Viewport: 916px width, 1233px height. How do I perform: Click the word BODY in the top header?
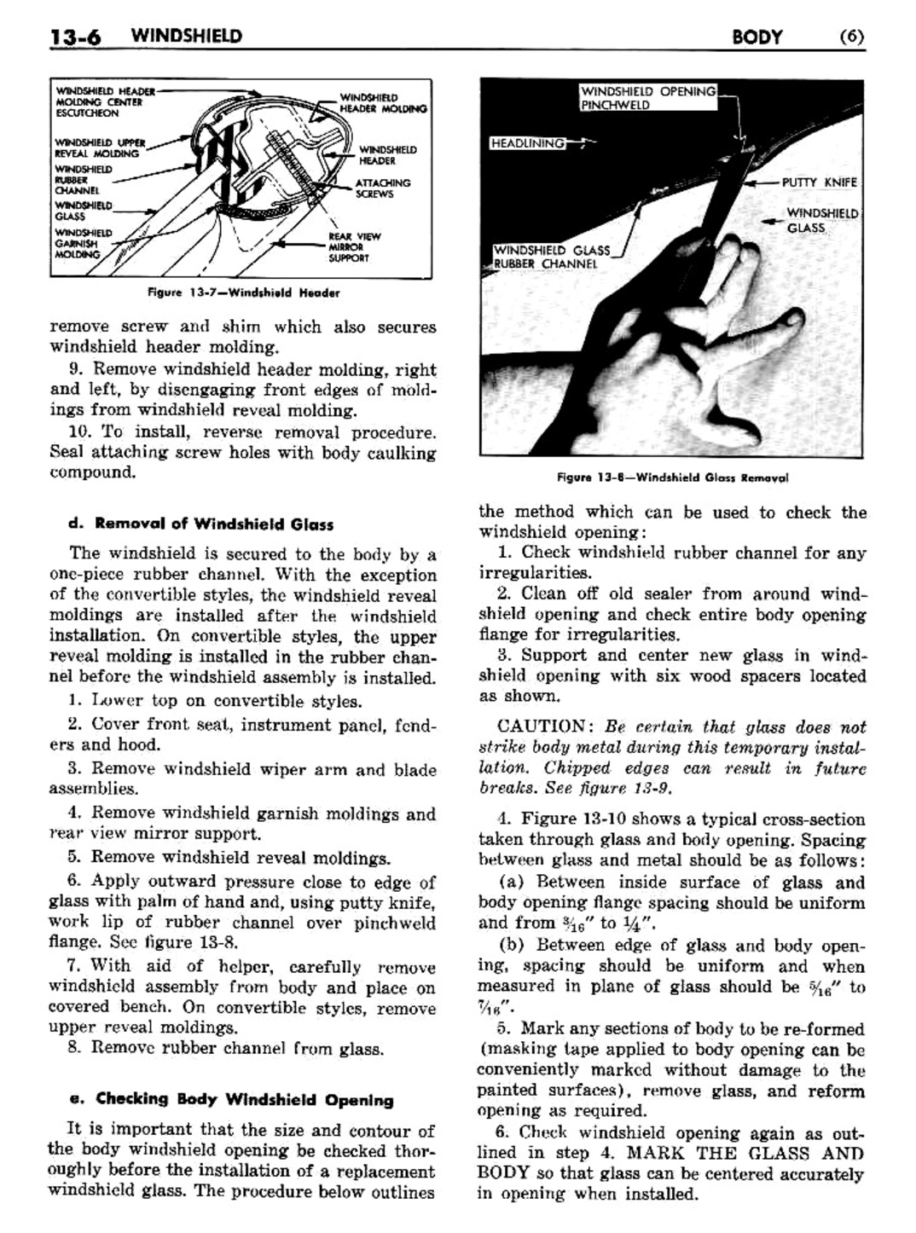tap(757, 37)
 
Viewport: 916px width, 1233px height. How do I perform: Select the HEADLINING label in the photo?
tap(528, 143)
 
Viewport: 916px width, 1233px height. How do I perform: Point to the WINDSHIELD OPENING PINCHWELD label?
tap(648, 98)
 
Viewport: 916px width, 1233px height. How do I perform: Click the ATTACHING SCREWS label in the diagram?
tap(383, 188)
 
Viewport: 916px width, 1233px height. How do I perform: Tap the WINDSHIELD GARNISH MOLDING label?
tap(83, 243)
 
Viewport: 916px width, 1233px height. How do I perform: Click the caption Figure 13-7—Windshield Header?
tap(244, 292)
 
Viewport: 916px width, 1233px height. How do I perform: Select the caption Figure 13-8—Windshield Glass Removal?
tap(672, 478)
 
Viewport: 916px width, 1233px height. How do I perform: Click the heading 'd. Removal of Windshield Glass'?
tap(201, 524)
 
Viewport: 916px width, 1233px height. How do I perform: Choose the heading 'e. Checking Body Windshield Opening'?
tap(231, 1099)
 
